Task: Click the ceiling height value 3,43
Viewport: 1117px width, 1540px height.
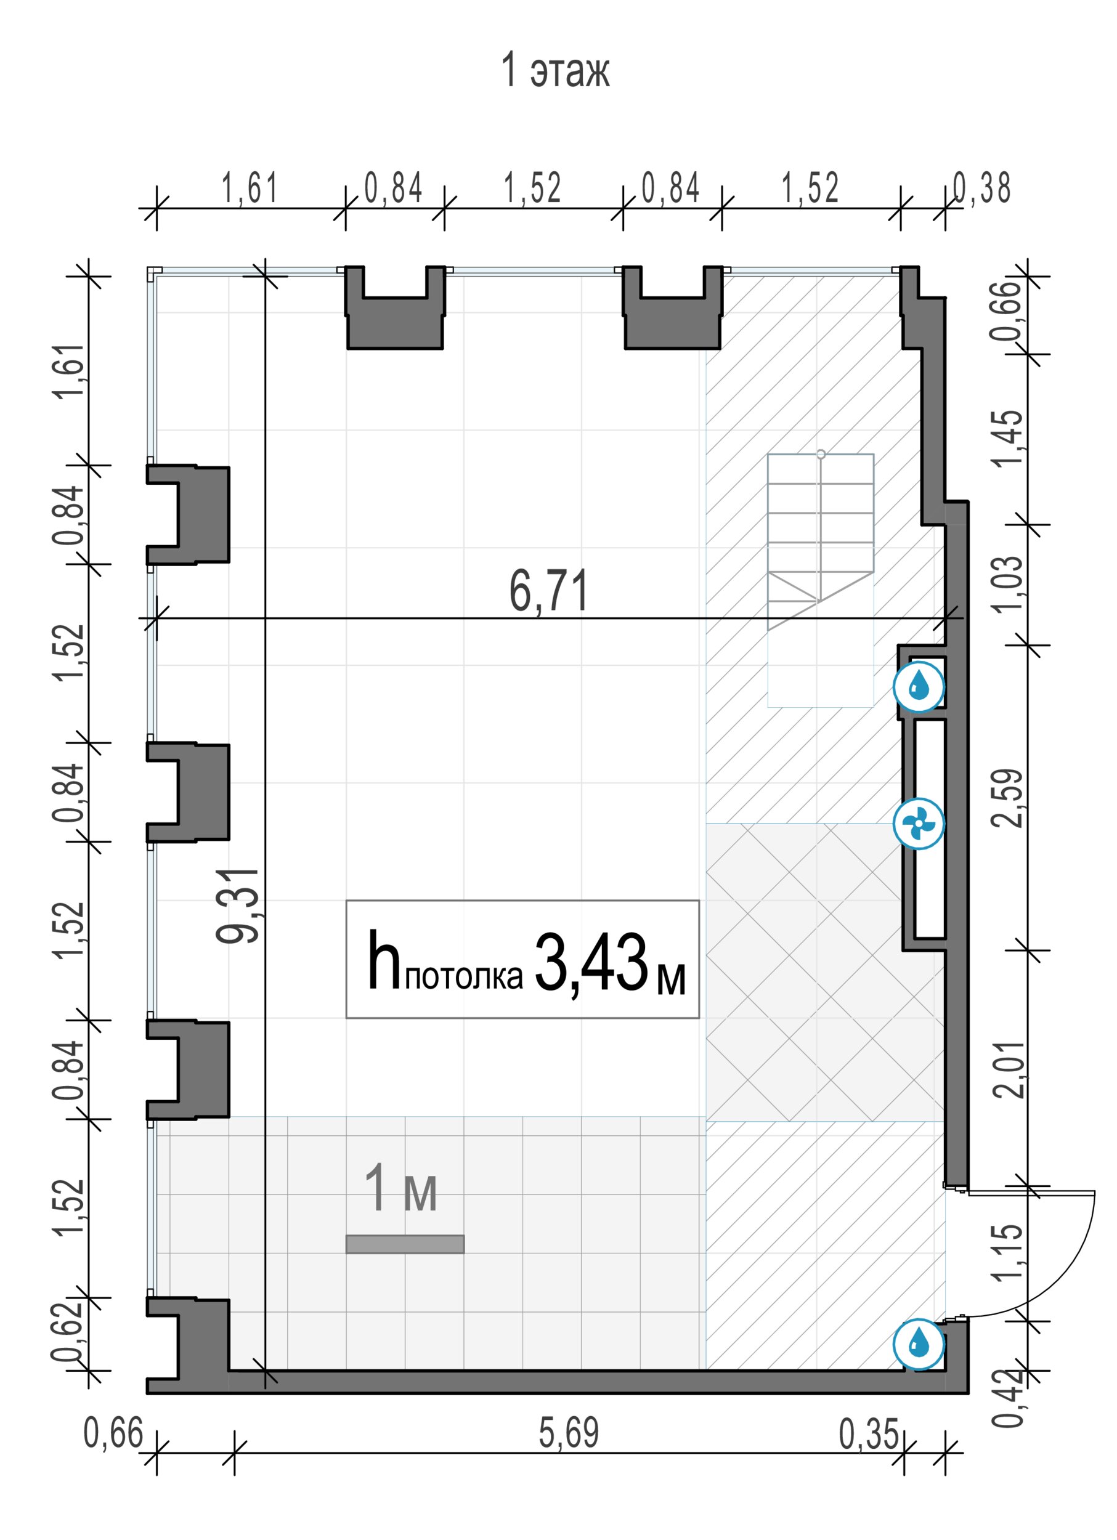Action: click(x=591, y=963)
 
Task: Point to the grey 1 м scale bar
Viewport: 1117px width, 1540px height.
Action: click(x=405, y=1244)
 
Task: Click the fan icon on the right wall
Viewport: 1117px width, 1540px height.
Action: click(x=918, y=824)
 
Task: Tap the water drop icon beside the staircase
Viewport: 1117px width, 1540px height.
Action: click(x=918, y=687)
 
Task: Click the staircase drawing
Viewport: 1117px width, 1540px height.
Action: click(x=820, y=579)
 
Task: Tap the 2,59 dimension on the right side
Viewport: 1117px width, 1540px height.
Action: click(x=1006, y=798)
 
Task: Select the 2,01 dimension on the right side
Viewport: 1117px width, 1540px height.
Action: click(x=1006, y=1069)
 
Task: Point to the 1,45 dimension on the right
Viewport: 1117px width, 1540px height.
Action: click(x=1006, y=438)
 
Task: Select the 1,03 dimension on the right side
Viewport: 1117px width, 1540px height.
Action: click(x=1006, y=584)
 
